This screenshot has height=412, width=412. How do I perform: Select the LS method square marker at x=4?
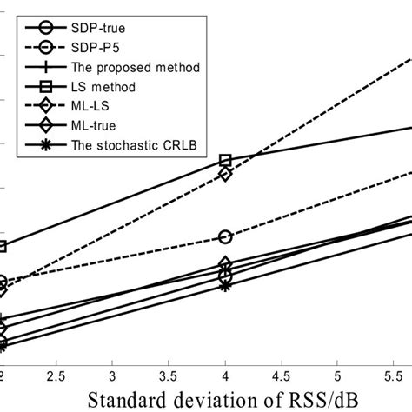tap(226, 161)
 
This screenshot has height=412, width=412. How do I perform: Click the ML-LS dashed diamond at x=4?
tap(226, 174)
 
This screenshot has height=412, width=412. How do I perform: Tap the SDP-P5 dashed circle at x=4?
tap(226, 236)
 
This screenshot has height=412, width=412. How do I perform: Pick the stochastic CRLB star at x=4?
tap(226, 285)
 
